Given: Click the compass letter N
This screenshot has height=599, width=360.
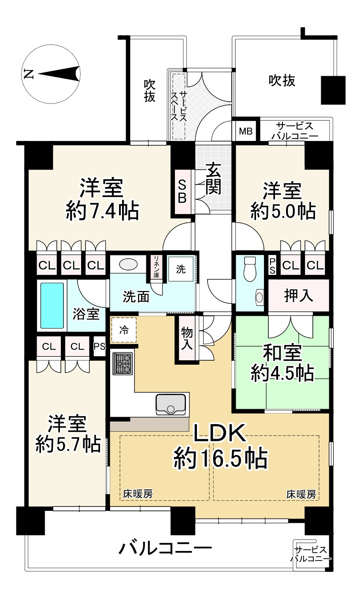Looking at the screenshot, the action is pyautogui.click(x=29, y=74).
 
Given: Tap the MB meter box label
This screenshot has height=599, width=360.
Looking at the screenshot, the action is pyautogui.click(x=245, y=131).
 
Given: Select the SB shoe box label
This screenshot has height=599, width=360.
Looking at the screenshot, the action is pyautogui.click(x=182, y=191).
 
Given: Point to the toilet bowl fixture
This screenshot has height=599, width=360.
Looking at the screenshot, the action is pyautogui.click(x=250, y=268).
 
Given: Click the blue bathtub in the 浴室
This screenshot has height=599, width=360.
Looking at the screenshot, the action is pyautogui.click(x=52, y=305).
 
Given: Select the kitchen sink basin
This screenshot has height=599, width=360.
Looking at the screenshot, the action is pyautogui.click(x=171, y=404).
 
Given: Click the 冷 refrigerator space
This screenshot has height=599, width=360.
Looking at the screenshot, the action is pyautogui.click(x=124, y=330).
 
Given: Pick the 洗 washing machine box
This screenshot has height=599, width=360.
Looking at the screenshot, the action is pyautogui.click(x=181, y=269).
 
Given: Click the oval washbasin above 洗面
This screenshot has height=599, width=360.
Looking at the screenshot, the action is pyautogui.click(x=128, y=264).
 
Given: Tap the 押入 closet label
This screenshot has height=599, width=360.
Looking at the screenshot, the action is pyautogui.click(x=298, y=296).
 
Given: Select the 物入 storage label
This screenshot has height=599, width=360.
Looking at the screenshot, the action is pyautogui.click(x=187, y=338).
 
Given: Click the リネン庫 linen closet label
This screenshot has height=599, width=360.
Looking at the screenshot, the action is pyautogui.click(x=156, y=267).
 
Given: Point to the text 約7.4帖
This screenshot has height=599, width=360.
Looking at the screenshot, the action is pyautogui.click(x=102, y=211).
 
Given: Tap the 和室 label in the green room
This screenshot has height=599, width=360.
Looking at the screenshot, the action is pyautogui.click(x=282, y=352).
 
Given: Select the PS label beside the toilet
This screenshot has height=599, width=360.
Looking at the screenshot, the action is pyautogui.click(x=272, y=266).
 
